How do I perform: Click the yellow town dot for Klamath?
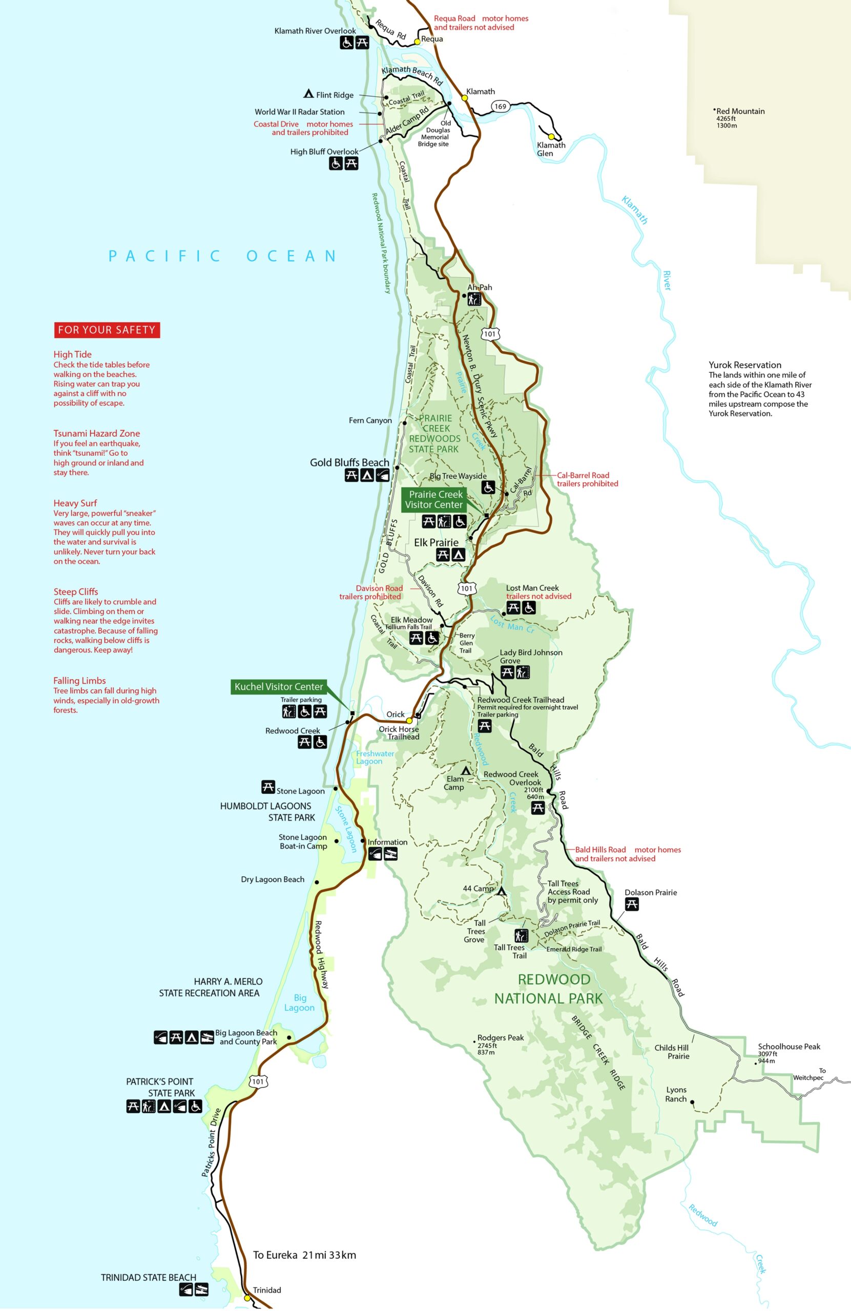point(465,98)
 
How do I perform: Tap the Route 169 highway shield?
point(500,107)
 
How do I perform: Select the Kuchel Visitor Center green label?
point(279,686)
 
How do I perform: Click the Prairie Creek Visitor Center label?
point(435,500)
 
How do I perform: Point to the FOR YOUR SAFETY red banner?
point(107,330)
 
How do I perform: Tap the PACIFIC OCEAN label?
point(223,256)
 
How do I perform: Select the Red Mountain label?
point(740,111)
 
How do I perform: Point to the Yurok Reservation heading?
point(744,365)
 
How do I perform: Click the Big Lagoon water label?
point(299,1003)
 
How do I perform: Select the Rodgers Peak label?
point(500,1038)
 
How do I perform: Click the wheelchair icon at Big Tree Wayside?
point(488,487)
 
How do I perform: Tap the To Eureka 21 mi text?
point(304,1255)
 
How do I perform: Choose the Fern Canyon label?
point(370,421)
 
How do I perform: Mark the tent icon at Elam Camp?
point(466,771)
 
